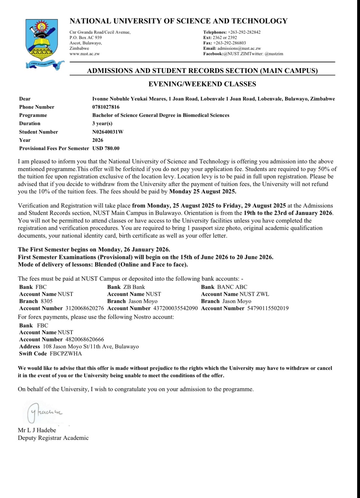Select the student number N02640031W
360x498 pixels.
pos(108,132)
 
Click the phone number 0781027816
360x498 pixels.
pos(106,107)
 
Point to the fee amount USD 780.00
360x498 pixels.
pos(106,148)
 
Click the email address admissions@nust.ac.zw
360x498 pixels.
pos(239,48)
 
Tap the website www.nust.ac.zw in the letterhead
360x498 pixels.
pos(85,54)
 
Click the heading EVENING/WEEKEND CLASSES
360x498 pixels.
pos(202,84)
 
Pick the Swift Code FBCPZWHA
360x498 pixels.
pos(66,354)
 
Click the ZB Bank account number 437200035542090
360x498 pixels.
pos(175,308)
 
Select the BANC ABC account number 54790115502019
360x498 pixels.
pos(268,308)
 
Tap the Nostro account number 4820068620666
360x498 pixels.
pos(85,339)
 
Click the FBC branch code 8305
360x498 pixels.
pos(47,301)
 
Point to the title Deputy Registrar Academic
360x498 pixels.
pos(53,438)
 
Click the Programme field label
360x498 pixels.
pos(33,115)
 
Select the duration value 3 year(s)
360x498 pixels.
pos(102,124)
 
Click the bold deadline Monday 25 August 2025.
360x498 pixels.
pos(203,191)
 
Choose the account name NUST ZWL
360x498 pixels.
pos(254,294)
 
